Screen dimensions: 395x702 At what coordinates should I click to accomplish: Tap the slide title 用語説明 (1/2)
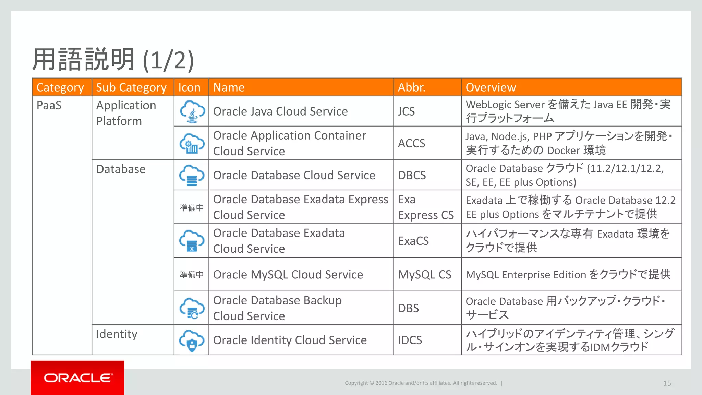tap(113, 60)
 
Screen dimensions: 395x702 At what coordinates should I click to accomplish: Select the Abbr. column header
tap(411, 87)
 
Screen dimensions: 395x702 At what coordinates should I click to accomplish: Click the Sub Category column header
tap(131, 87)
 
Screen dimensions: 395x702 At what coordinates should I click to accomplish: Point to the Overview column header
tap(491, 87)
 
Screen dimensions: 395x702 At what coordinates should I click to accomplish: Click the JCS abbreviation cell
tap(407, 111)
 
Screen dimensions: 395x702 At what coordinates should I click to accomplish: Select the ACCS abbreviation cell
tap(411, 143)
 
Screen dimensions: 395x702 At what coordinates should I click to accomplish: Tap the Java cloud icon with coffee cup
tap(192, 111)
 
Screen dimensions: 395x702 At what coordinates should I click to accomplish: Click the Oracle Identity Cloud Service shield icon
tap(192, 340)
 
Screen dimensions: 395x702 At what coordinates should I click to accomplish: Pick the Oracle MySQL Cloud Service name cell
tap(288, 275)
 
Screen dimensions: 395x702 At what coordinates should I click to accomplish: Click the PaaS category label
tap(49, 105)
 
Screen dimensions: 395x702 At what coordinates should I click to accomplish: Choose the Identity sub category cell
tap(117, 334)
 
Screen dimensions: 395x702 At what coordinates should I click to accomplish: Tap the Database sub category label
tap(121, 169)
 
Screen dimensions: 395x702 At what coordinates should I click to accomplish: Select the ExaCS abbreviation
tap(413, 241)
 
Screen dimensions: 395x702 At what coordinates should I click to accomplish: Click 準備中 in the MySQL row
tap(192, 275)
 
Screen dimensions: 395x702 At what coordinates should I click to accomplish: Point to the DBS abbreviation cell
tap(408, 308)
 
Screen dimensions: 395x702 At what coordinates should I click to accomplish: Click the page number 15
tap(667, 383)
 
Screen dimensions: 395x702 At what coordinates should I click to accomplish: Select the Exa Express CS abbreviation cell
tap(426, 207)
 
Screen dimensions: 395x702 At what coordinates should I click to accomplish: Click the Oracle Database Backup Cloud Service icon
tap(192, 308)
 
